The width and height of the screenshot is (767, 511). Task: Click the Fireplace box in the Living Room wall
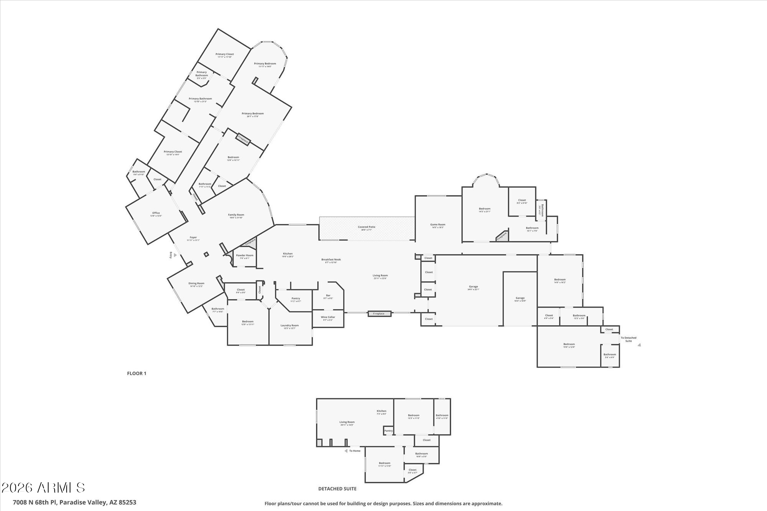click(x=379, y=314)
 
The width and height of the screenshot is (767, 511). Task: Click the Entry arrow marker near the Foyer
click(x=175, y=255)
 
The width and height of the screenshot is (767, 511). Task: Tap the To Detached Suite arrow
click(x=639, y=345)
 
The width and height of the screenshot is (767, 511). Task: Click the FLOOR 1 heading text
click(x=137, y=373)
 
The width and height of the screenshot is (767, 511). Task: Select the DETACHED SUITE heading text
click(x=337, y=489)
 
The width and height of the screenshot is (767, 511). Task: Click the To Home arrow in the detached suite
click(x=346, y=451)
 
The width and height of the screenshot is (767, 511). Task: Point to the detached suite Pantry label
click(x=388, y=431)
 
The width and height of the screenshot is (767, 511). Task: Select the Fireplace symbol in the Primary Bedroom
click(x=243, y=140)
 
